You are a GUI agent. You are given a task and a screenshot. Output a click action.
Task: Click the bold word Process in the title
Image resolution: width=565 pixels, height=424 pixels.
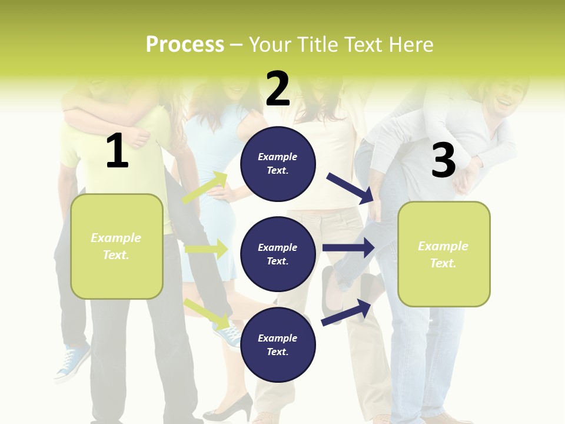click(x=185, y=45)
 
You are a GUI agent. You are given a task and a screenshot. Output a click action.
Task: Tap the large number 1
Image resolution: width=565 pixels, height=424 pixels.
click(x=117, y=151)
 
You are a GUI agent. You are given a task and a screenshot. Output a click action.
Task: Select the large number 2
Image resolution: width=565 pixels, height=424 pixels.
click(x=278, y=89)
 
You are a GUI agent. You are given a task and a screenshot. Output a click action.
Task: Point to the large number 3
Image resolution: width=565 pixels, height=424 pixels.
click(x=443, y=161)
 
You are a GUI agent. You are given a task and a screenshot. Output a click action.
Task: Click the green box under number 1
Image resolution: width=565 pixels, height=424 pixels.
click(x=117, y=246)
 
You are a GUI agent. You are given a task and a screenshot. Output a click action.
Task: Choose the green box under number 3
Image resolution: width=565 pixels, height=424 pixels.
click(x=444, y=254)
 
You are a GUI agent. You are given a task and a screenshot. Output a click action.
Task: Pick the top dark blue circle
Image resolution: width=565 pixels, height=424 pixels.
click(x=278, y=164)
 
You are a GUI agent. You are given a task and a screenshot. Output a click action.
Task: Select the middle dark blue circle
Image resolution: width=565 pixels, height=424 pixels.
click(x=278, y=254)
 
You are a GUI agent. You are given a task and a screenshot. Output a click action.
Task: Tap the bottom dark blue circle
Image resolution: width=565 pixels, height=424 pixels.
click(x=278, y=344)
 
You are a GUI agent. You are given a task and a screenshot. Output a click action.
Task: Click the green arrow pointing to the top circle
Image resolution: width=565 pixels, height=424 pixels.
click(x=205, y=187)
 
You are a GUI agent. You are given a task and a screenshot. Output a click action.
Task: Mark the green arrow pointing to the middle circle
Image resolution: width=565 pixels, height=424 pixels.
click(x=206, y=249)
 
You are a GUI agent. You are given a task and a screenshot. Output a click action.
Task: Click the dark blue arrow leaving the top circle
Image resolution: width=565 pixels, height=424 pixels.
click(x=350, y=187)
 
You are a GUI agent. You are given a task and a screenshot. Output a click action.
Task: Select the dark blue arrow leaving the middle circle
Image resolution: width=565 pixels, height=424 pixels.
click(x=348, y=248)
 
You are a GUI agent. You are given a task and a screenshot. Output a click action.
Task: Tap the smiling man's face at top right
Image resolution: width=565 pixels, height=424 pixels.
click(x=506, y=94)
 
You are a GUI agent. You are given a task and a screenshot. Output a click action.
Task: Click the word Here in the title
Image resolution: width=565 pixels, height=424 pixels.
click(x=411, y=45)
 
